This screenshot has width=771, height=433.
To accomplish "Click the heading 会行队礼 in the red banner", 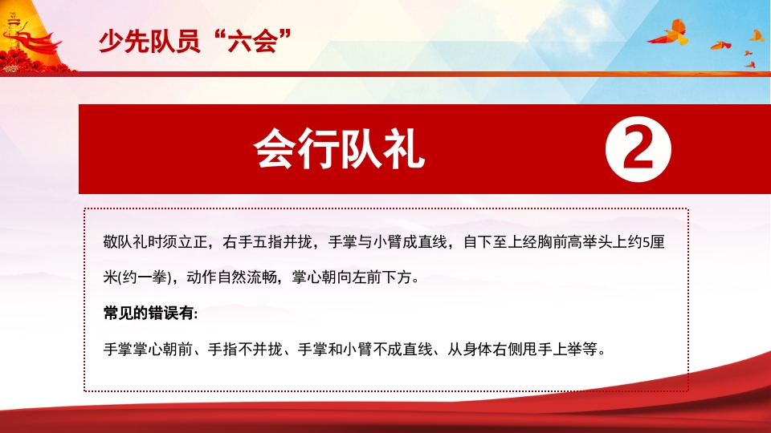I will pyautogui.click(x=338, y=149).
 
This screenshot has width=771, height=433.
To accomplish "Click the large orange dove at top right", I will pyautogui.click(x=670, y=33).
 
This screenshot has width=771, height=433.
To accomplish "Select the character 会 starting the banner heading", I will pyautogui.click(x=273, y=149).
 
